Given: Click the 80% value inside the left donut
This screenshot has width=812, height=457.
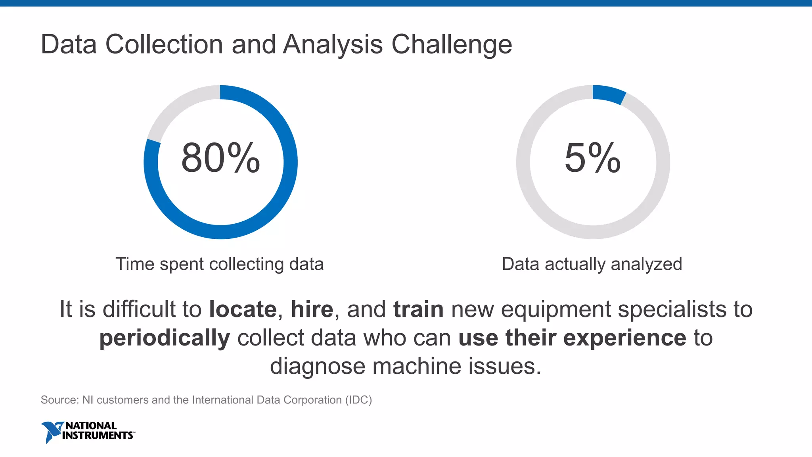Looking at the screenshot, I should click(x=220, y=158).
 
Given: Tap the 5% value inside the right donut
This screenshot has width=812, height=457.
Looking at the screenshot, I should click(x=592, y=158).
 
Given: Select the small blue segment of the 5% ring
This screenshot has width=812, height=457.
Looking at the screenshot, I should click(x=609, y=94).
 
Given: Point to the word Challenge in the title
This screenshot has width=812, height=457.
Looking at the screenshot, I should click(x=452, y=44).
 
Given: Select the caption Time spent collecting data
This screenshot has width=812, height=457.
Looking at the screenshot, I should click(x=220, y=264).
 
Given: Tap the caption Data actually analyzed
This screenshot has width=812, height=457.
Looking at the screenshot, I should click(x=592, y=264).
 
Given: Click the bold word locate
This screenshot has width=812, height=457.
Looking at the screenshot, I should click(x=243, y=309).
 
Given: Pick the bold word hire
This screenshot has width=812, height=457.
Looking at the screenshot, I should click(x=312, y=309).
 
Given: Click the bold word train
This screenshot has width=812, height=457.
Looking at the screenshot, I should click(x=418, y=309).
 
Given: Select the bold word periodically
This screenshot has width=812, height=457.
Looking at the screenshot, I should click(x=165, y=338).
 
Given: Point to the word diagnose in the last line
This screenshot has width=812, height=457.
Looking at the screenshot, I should click(x=317, y=366).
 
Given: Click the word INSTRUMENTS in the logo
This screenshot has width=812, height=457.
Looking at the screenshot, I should click(x=98, y=436).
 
